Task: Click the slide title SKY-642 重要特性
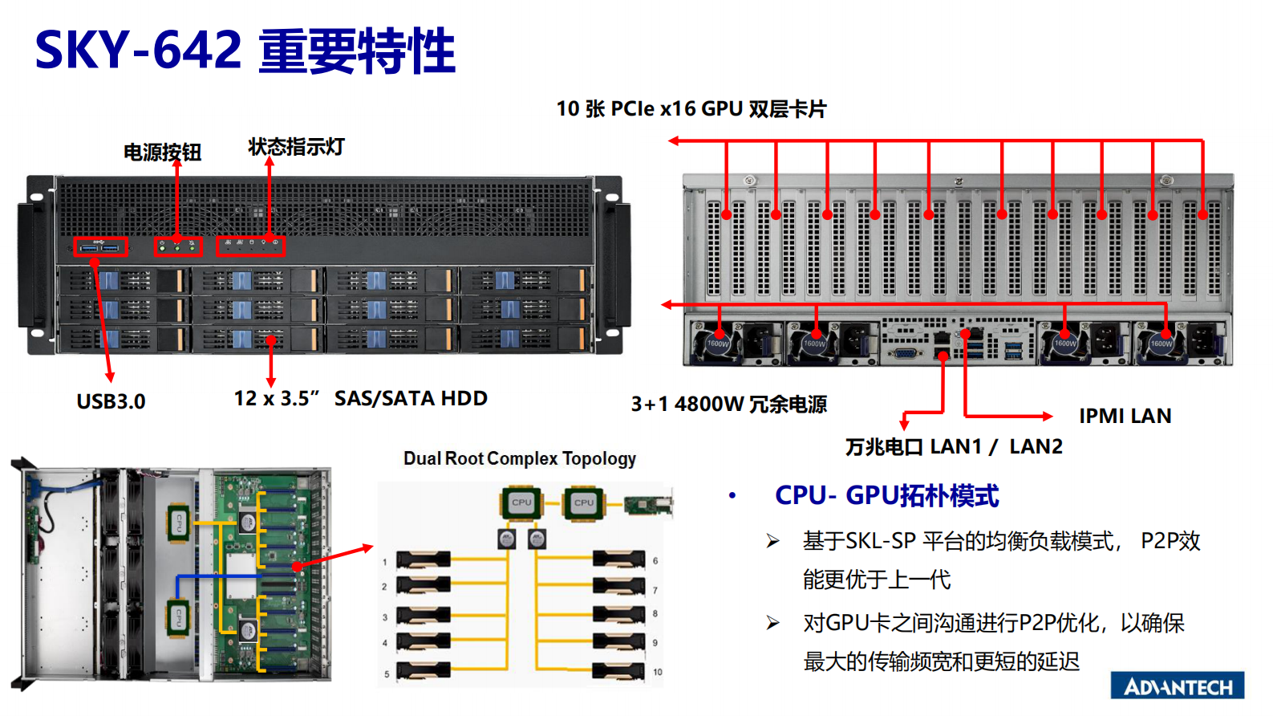[245, 51]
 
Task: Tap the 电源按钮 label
[162, 153]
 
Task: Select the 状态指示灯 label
[296, 147]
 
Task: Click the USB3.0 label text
[111, 401]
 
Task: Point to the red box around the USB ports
[100, 247]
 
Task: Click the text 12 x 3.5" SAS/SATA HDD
[360, 398]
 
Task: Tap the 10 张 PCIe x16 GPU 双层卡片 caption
[691, 109]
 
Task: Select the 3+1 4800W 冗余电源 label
[728, 404]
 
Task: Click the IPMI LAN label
[1125, 416]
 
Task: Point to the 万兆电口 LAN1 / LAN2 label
[953, 446]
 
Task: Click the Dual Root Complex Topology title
[519, 458]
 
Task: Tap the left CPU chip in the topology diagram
[521, 502]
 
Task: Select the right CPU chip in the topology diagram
[583, 502]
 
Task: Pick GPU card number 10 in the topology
[618, 671]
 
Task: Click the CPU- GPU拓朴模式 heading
[886, 495]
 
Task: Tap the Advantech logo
[1177, 686]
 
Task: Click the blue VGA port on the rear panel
[902, 353]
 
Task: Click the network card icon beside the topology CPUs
[648, 505]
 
